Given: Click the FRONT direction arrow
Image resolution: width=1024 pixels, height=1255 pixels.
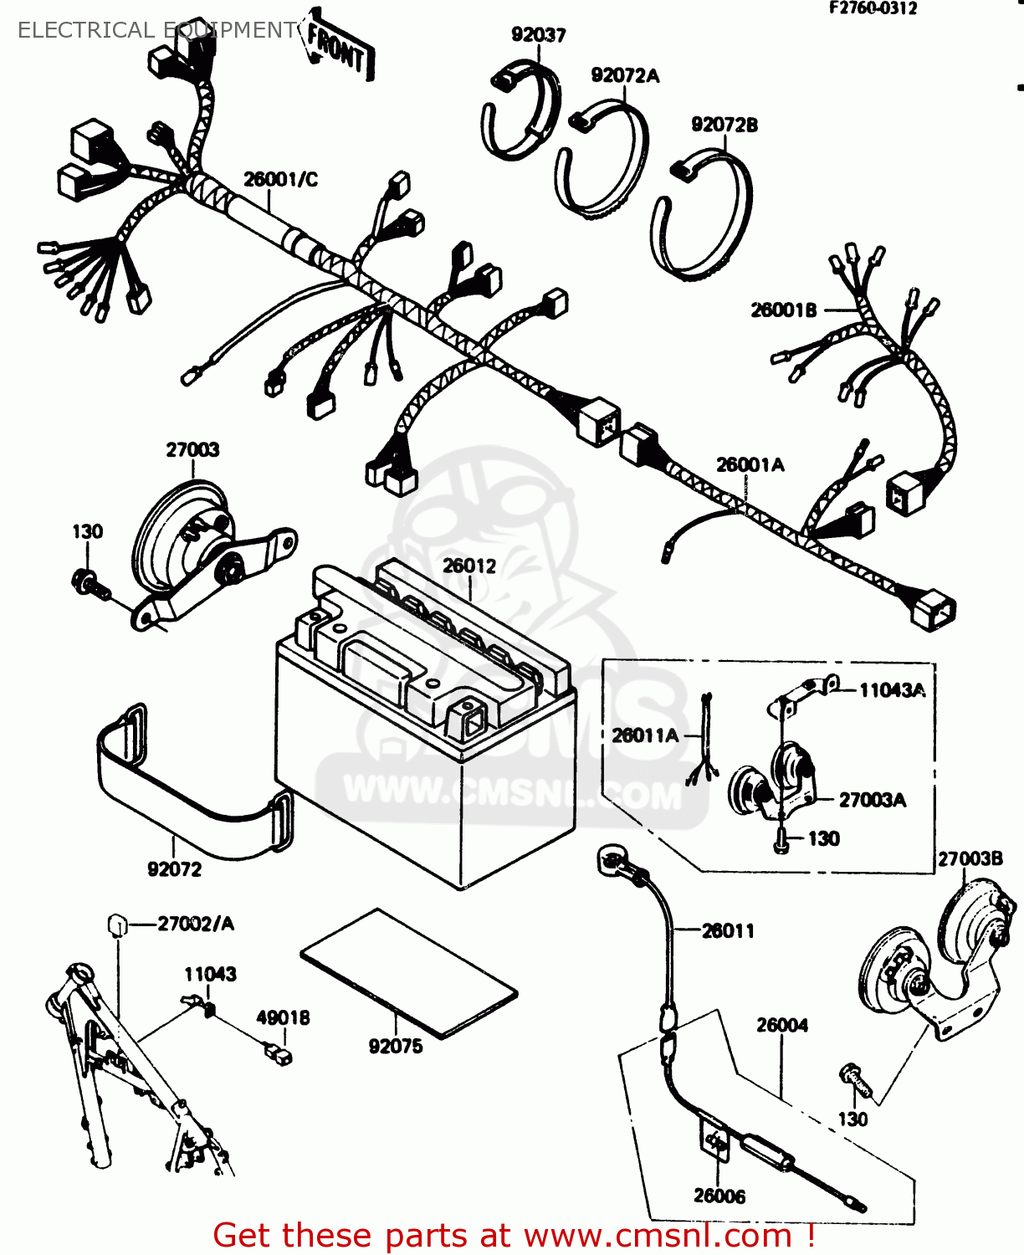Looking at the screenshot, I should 337,49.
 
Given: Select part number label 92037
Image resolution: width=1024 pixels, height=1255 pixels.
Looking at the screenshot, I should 538,35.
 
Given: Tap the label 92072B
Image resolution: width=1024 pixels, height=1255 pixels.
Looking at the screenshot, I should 724,125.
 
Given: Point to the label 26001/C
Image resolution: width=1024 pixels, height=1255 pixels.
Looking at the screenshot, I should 280,180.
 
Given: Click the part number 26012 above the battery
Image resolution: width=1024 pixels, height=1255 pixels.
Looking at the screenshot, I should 469,566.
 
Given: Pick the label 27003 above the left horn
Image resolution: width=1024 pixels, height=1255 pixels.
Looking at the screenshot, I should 192,450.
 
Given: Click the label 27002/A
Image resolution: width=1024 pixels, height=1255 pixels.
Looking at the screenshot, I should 196,925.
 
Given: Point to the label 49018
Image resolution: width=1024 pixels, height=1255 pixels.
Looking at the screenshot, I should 283,1018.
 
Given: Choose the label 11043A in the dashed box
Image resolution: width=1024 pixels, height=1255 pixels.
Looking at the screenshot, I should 892,691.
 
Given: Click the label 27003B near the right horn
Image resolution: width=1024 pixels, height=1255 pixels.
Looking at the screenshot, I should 970,859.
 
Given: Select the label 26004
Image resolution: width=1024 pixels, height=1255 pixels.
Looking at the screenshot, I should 782,1026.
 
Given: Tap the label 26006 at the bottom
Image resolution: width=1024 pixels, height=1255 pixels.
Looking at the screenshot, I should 719,1196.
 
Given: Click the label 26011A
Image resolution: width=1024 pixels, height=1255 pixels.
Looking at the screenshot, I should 644,736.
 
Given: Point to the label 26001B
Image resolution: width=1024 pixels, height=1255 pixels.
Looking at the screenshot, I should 783,310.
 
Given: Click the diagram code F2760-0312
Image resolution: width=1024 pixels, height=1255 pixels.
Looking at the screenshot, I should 873,8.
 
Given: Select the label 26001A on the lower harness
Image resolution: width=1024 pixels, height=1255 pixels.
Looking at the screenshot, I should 750,465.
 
